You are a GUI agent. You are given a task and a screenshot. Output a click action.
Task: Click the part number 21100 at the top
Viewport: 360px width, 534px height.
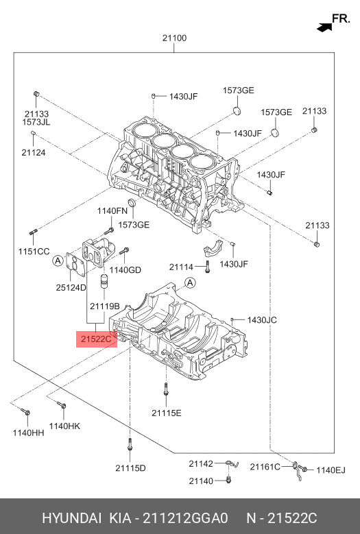(x=174, y=38)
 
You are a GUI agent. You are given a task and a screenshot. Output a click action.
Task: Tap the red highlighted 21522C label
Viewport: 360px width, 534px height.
(x=97, y=339)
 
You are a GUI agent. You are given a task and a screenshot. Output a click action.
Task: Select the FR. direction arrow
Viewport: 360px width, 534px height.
(x=324, y=27)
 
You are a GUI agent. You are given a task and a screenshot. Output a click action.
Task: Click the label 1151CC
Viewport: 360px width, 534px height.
(x=34, y=252)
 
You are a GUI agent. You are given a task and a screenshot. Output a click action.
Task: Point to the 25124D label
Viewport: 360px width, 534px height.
(x=71, y=287)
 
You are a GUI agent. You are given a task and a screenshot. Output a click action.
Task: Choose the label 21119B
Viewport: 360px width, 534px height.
(x=104, y=306)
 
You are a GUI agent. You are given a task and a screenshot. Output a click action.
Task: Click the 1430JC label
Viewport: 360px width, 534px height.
(x=262, y=320)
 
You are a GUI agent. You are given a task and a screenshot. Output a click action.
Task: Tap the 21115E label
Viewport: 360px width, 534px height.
(x=167, y=413)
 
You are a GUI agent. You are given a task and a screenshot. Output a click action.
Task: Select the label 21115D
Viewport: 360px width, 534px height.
(x=130, y=468)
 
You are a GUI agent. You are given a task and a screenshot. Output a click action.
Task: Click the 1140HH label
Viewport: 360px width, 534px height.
(x=28, y=433)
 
